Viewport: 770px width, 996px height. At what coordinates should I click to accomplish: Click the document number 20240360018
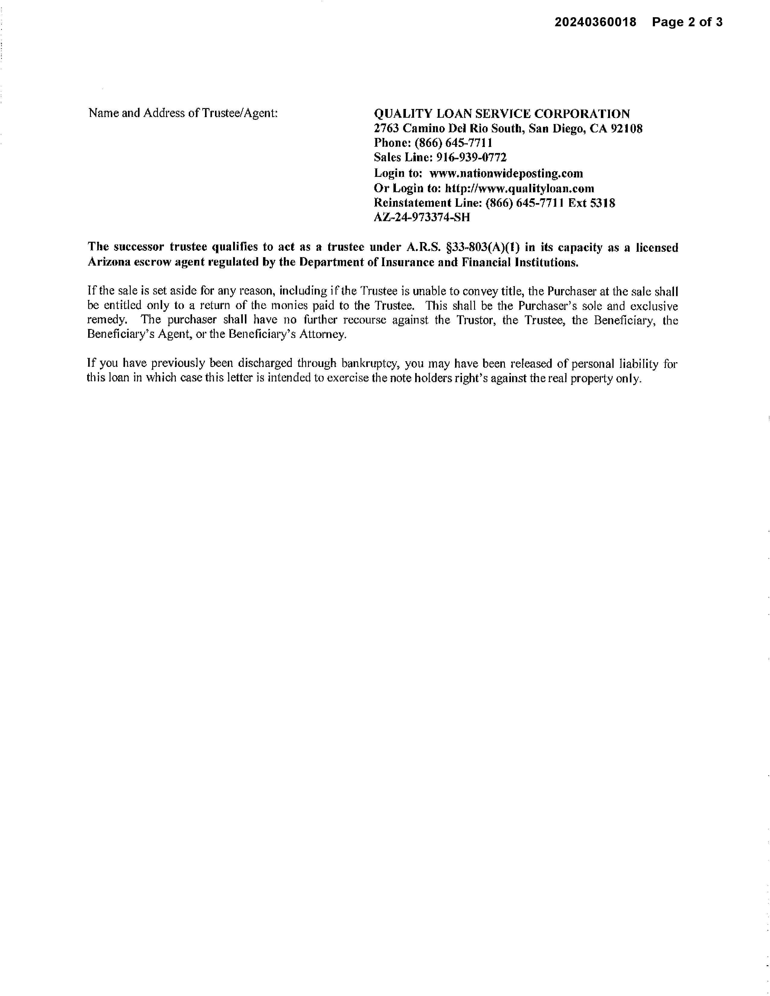pyautogui.click(x=595, y=22)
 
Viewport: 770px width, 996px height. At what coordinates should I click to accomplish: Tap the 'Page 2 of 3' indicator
pyautogui.click(x=687, y=22)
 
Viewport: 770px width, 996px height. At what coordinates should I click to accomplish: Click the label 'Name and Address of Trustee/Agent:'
pyautogui.click(x=183, y=113)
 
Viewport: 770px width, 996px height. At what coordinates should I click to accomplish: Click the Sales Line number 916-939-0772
pyautogui.click(x=471, y=158)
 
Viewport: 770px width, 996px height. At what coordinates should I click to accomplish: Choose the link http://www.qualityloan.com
pyautogui.click(x=519, y=188)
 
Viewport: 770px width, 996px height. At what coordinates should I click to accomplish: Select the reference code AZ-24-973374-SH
pyautogui.click(x=422, y=218)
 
